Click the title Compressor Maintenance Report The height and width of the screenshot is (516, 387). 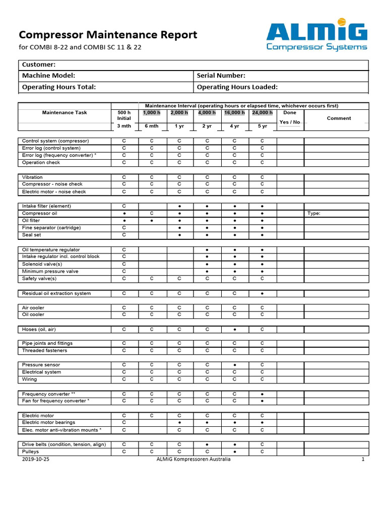pyautogui.click(x=108, y=35)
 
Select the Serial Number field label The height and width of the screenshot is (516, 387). pyautogui.click(x=221, y=76)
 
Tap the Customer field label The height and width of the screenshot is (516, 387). pyautogui.click(x=38, y=64)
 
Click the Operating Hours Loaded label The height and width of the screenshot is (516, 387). pyautogui.click(x=237, y=87)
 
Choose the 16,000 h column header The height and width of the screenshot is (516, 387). pyautogui.click(x=235, y=112)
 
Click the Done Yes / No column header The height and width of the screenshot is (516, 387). pyautogui.click(x=290, y=117)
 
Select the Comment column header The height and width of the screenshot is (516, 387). pyautogui.click(x=339, y=118)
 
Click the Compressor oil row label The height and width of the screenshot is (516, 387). pyautogui.click(x=39, y=213)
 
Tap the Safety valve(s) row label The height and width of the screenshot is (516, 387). pyautogui.click(x=39, y=279)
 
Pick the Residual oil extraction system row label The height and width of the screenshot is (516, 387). pyautogui.click(x=56, y=293)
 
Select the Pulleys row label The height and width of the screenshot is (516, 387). pyautogui.click(x=30, y=452)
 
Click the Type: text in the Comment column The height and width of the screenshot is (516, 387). pyautogui.click(x=313, y=213)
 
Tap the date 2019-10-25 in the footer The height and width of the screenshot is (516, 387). pyautogui.click(x=36, y=460)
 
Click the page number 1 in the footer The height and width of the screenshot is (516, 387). pyautogui.click(x=363, y=460)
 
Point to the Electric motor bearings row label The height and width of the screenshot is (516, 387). pyautogui.click(x=48, y=423)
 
